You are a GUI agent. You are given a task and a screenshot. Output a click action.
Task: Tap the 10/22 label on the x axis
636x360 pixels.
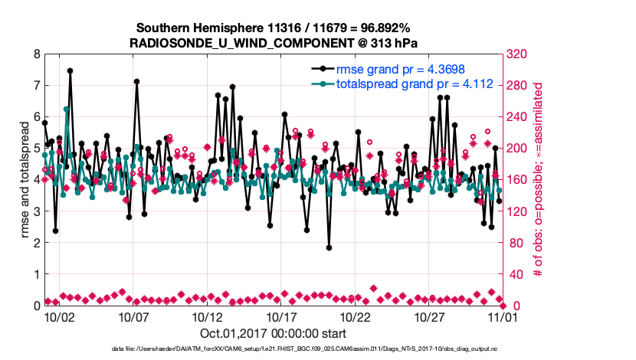356,316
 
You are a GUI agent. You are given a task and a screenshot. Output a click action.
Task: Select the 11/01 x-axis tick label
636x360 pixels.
503,316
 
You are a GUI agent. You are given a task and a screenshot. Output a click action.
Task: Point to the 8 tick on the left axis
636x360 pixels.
36,54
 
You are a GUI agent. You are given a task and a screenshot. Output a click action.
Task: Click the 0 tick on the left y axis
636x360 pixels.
36,306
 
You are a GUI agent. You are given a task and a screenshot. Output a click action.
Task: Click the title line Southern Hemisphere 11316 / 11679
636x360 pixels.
273,28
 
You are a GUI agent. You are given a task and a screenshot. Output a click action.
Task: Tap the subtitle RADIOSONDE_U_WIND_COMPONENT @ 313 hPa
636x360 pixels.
273,43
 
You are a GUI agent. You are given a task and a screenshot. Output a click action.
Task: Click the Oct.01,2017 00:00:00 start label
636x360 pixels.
273,333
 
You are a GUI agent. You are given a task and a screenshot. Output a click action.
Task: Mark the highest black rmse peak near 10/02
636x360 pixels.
70,70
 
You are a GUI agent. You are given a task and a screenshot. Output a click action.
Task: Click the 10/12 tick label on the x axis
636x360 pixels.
207,316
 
